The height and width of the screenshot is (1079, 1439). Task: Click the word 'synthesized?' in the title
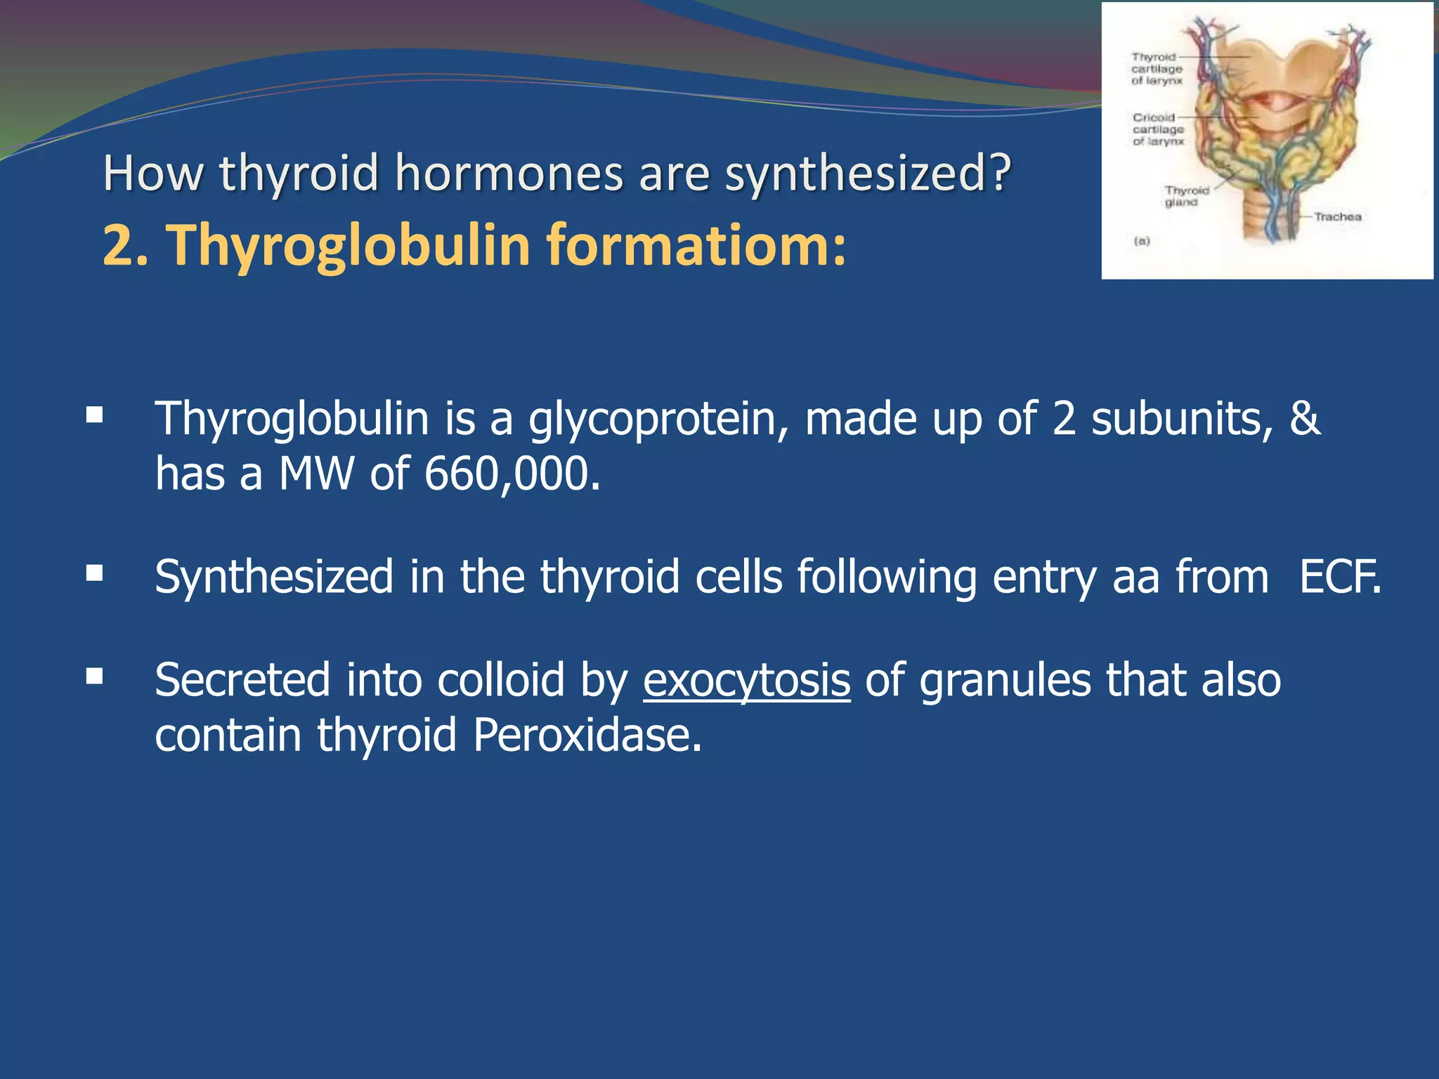click(x=868, y=174)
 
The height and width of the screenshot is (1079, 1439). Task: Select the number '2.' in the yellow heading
click(x=125, y=244)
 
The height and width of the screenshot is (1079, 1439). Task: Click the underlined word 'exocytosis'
click(x=746, y=680)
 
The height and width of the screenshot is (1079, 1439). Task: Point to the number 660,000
click(x=512, y=473)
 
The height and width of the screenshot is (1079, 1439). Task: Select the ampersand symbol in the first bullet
click(x=1305, y=419)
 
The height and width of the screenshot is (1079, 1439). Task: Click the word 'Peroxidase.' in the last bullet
click(x=587, y=735)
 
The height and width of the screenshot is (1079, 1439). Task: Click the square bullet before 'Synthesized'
click(x=94, y=573)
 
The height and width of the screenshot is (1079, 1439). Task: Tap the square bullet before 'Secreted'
click(x=94, y=676)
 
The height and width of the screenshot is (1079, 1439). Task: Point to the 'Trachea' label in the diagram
click(x=1338, y=216)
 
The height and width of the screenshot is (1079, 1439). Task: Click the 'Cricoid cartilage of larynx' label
click(x=1158, y=129)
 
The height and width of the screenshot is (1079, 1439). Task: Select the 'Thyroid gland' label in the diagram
click(x=1186, y=196)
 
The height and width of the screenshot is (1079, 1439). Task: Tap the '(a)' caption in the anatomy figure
click(x=1142, y=241)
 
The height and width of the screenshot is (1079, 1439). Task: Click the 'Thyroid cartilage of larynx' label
click(x=1157, y=69)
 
